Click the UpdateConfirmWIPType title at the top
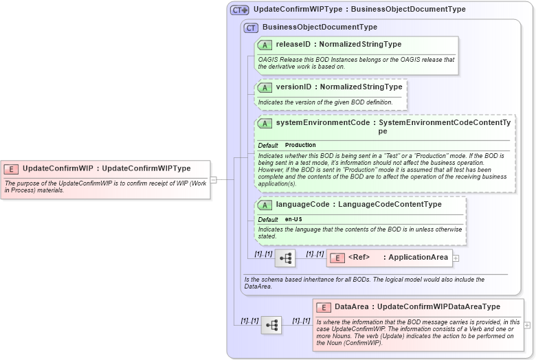pos(359,10)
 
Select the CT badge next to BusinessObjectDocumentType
pos(251,27)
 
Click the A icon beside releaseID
pos(265,45)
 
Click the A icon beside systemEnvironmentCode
pos(265,123)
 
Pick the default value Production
pos(300,145)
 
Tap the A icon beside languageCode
pos(265,205)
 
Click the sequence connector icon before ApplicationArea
pos(285,258)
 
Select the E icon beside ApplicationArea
pos(337,258)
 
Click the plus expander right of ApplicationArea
pos(456,258)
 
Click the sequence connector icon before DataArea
pos(271,325)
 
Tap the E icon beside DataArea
pos(323,307)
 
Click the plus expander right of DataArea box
pos(527,325)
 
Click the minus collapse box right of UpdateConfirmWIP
pos(214,180)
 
